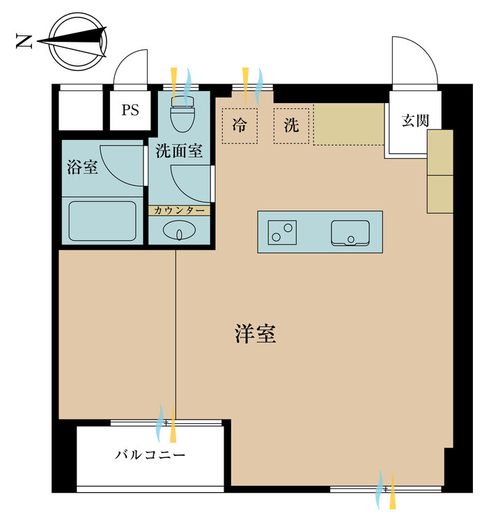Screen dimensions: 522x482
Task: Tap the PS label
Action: [x=130, y=110]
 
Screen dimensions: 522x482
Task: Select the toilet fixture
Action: [x=184, y=116]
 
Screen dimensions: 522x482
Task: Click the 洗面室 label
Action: [x=179, y=151]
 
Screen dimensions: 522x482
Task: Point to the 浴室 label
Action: [x=81, y=167]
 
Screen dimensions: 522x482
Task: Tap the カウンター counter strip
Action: [x=179, y=210]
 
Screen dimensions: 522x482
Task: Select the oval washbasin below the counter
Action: [x=179, y=230]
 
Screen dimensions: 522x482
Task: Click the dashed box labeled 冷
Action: [x=240, y=126]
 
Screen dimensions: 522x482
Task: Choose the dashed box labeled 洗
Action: [x=291, y=126]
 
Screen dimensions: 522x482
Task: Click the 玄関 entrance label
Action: [x=414, y=120]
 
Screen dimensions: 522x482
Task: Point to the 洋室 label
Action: [x=255, y=335]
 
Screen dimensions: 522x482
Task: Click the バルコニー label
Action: [x=150, y=456]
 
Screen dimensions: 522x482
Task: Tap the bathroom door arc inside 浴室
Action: [x=122, y=164]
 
